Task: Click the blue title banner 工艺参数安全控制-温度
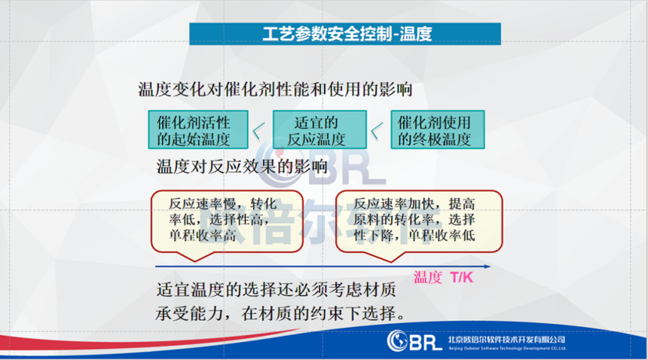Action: click(345, 34)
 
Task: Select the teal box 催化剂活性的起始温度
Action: click(198, 130)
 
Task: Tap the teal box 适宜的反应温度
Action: click(319, 130)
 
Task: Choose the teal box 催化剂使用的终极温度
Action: click(438, 130)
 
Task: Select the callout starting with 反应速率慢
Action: click(227, 221)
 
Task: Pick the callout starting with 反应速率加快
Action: click(419, 221)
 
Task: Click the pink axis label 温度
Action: click(428, 277)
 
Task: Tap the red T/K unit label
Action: click(462, 277)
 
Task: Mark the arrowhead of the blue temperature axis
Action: click(488, 267)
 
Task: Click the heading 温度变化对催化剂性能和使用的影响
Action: click(275, 89)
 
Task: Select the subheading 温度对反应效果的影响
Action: click(242, 166)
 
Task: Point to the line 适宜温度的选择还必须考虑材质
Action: click(276, 290)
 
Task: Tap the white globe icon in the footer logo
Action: click(397, 341)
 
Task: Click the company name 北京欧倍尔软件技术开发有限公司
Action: click(506, 340)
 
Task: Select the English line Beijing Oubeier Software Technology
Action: click(508, 349)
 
